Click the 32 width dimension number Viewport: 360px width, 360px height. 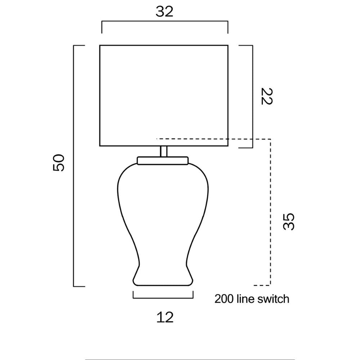[x=165, y=12]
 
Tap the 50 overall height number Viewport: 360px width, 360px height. [x=58, y=163]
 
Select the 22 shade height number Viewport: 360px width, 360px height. [x=266, y=96]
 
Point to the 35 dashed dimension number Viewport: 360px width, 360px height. [x=289, y=222]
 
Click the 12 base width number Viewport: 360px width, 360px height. [x=165, y=317]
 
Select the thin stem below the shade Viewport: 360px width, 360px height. [x=164, y=151]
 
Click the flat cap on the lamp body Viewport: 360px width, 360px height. [x=163, y=161]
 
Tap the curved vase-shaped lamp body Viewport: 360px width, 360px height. [x=163, y=223]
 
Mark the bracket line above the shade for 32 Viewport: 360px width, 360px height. [x=165, y=22]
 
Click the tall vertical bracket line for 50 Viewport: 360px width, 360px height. [x=74, y=166]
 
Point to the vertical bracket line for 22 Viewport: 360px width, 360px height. [x=253, y=96]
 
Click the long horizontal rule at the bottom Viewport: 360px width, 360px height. [x=190, y=359]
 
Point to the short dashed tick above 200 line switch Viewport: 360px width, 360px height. [x=262, y=285]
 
